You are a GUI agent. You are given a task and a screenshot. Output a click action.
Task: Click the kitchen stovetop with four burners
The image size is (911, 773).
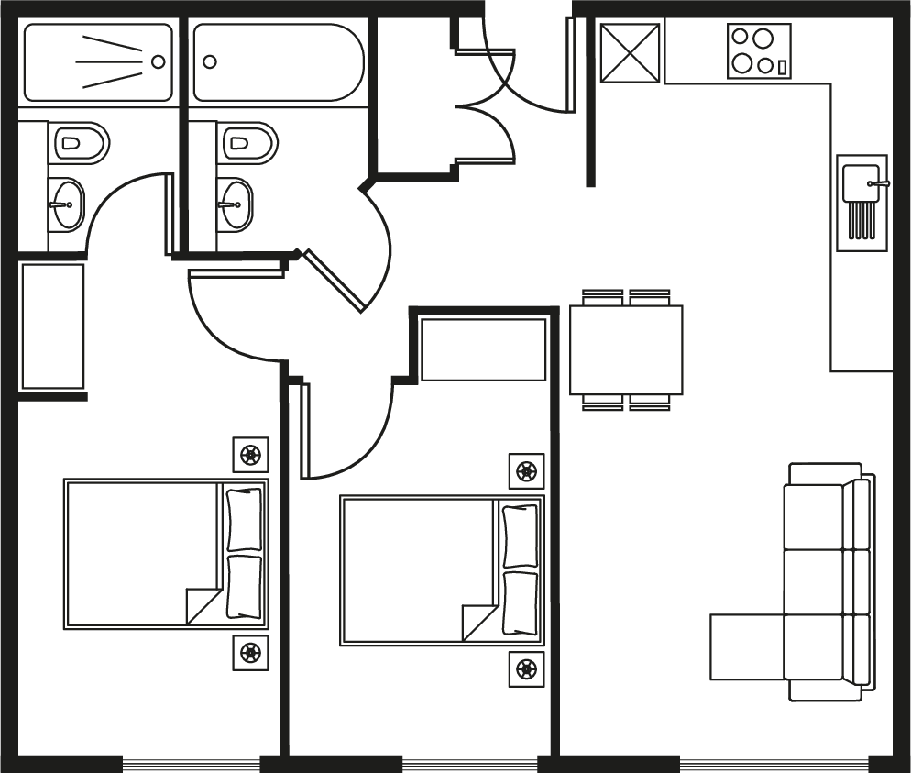pos(759,51)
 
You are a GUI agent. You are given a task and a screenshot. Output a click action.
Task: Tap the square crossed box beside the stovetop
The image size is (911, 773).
pos(631,52)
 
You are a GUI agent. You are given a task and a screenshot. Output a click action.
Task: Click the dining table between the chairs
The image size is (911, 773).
pos(626,349)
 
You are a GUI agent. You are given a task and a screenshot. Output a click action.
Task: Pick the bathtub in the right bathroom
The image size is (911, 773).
pos(278,61)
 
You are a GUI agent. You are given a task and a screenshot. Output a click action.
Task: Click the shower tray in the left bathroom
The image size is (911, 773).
pos(97,61)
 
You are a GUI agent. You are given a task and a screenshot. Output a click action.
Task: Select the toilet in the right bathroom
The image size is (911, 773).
pos(247,143)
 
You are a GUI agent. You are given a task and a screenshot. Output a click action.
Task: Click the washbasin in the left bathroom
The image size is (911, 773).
pos(66,204)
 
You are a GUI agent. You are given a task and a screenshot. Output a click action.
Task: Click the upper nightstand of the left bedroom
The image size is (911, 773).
pos(250,455)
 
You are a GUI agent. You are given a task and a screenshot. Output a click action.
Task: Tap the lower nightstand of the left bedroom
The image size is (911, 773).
pos(250,653)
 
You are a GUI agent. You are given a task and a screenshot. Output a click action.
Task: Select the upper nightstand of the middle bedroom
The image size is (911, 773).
pos(526,471)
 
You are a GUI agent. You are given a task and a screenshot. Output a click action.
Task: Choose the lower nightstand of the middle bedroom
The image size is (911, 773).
pos(526,668)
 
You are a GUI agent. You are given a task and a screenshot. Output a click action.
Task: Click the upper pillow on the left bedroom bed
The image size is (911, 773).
pos(244,519)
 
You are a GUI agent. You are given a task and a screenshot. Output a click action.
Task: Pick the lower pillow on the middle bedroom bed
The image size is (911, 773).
pos(520,602)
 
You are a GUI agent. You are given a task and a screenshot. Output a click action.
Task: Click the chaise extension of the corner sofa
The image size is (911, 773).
pos(747,646)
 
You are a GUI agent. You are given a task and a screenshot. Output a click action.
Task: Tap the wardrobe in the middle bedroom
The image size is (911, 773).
pos(483,348)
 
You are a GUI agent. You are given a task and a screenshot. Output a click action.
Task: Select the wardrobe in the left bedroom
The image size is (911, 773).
pos(52,326)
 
